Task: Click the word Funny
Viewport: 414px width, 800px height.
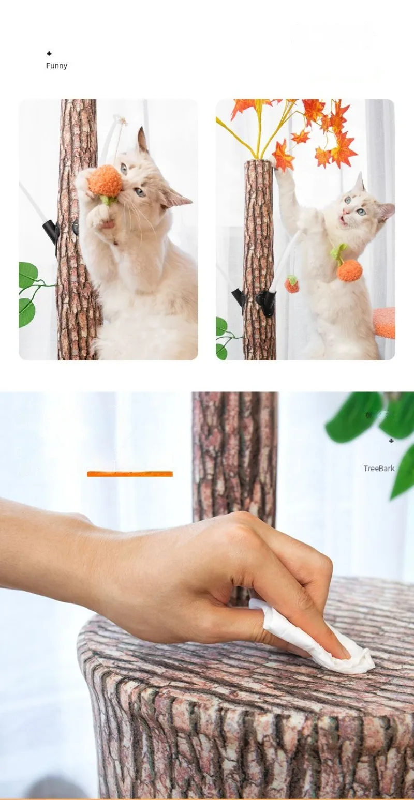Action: [x=56, y=66]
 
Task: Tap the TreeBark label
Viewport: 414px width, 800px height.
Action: [x=379, y=469]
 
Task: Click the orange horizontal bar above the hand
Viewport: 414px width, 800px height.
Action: [x=130, y=474]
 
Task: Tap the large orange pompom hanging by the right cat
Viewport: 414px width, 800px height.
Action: [x=349, y=270]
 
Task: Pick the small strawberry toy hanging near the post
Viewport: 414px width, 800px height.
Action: [x=292, y=284]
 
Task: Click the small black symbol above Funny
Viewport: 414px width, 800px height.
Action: [x=49, y=54]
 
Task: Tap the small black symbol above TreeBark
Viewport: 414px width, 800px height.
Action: [x=391, y=441]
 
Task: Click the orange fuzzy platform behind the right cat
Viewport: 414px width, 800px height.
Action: [x=385, y=323]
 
